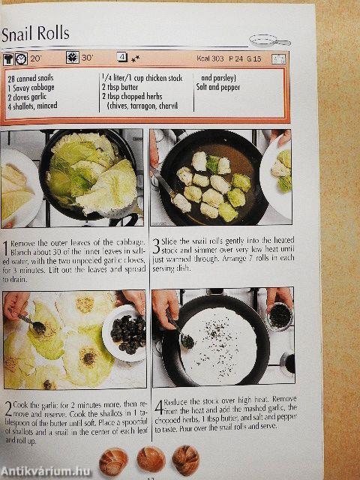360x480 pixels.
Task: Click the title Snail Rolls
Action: click(35, 34)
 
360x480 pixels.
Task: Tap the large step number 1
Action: click(6, 248)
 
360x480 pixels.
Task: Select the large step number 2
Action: click(7, 410)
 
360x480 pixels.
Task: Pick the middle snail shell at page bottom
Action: click(150, 457)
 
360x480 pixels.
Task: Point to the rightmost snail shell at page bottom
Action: click(185, 457)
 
